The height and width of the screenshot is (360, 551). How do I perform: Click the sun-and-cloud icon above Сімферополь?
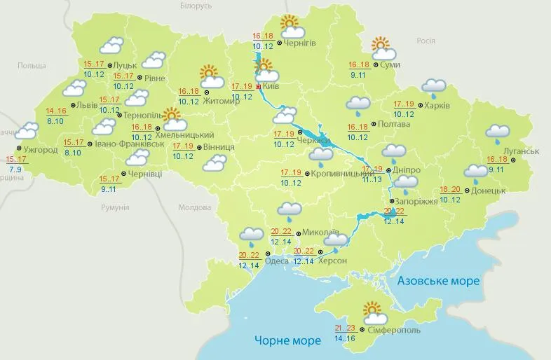pos(372,312)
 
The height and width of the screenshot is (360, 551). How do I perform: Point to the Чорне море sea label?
pos(287,340)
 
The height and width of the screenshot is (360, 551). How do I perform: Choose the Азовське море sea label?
pos(438,281)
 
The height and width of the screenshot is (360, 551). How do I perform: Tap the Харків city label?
pos(437,106)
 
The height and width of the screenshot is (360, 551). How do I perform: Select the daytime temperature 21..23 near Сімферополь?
pos(346,328)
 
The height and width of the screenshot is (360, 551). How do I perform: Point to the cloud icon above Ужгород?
pos(27,130)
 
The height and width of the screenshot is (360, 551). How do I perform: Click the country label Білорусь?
pos(195,6)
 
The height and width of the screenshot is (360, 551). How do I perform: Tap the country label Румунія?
pos(115,208)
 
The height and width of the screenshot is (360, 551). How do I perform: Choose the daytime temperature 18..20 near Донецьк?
pos(450,191)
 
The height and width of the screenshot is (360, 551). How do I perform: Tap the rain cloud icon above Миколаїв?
pos(290,209)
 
